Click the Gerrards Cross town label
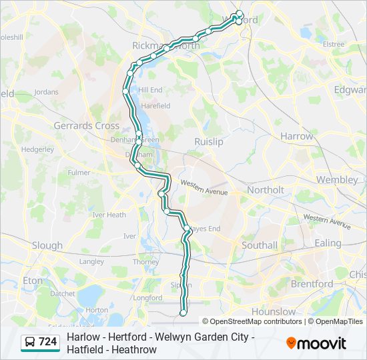(x=86, y=125)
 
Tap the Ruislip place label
(x=208, y=141)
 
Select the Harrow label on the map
(x=296, y=136)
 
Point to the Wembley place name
(x=337, y=179)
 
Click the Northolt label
(x=265, y=190)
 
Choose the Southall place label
(x=260, y=245)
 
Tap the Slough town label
(x=47, y=245)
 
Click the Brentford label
(x=312, y=283)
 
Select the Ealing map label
(x=328, y=243)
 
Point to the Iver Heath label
(x=109, y=215)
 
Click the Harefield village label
(x=155, y=105)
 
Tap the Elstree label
(x=334, y=44)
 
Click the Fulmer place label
(x=79, y=172)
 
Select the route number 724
(x=47, y=342)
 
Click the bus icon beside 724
(x=31, y=342)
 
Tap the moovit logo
(x=316, y=343)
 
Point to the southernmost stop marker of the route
(x=183, y=312)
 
